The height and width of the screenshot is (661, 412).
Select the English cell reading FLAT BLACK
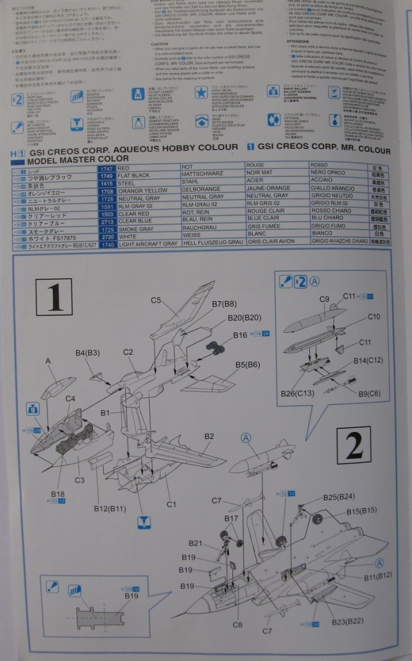(x=134, y=175)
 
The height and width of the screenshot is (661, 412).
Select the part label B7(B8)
(x=224, y=304)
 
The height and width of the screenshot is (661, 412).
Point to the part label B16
(x=239, y=335)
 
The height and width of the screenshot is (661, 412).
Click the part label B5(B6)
(x=247, y=365)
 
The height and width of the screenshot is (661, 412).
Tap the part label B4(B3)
(x=88, y=353)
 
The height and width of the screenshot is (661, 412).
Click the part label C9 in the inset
(x=324, y=299)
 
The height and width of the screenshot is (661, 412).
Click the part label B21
(x=196, y=543)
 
